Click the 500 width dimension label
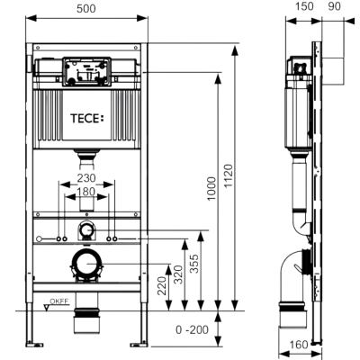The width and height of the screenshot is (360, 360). coord(86,8)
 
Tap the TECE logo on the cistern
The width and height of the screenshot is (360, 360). coord(87,118)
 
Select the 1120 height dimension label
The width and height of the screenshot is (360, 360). coord(229,175)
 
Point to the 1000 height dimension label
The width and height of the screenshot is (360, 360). coord(211,189)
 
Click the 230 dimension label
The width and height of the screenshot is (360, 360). coord(86,178)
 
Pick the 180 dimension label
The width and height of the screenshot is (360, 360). coord(85,192)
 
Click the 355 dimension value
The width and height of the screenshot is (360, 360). coord(194,264)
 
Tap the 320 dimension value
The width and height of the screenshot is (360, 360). coord(178,274)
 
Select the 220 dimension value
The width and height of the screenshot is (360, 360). coord(162,285)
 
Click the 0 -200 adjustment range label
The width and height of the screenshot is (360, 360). coord(192,329)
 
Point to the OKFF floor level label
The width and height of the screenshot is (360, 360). coord(59,301)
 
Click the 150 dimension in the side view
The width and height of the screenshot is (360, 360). coord(303,6)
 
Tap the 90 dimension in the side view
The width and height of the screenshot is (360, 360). coord(334,6)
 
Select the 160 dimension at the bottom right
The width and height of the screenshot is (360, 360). coord(299,345)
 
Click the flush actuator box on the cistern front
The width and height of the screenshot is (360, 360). coord(86,71)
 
